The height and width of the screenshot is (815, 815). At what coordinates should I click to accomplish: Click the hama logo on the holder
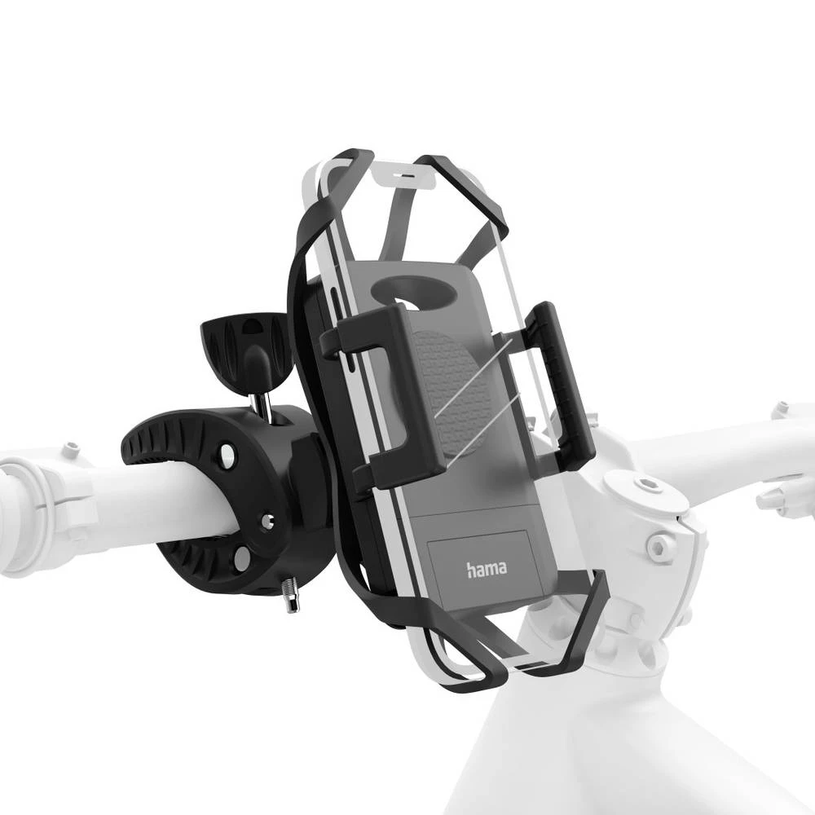(487, 568)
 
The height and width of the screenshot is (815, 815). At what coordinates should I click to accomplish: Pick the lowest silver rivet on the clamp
(241, 559)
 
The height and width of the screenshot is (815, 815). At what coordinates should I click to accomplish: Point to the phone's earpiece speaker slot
(408, 174)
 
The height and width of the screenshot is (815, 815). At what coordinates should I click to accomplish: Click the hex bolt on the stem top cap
(647, 487)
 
